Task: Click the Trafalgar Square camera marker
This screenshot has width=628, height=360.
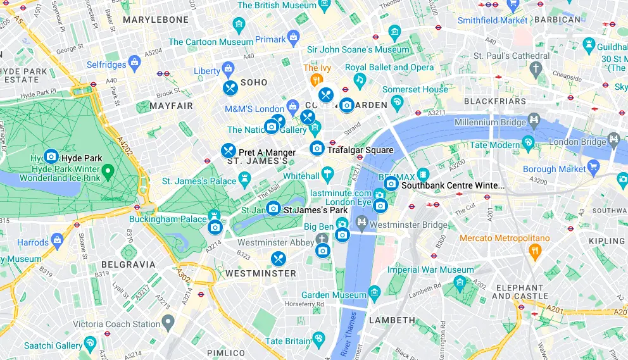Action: click(317, 148)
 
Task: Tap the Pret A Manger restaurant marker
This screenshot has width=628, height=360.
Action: click(228, 151)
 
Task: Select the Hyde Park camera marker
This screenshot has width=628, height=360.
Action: click(51, 156)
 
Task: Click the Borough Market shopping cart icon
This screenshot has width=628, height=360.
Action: click(593, 167)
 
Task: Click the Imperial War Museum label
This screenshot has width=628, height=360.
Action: click(430, 270)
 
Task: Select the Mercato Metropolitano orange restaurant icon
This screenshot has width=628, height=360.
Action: click(535, 251)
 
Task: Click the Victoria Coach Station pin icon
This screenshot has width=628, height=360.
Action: click(168, 324)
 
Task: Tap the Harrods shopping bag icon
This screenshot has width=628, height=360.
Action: click(58, 240)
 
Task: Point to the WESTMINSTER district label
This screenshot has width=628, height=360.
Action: click(261, 273)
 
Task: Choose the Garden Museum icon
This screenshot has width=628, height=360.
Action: click(374, 292)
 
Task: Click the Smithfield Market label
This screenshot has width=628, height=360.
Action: click(493, 20)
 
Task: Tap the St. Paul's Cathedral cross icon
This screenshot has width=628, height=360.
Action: click(536, 68)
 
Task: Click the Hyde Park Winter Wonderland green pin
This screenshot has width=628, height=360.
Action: click(108, 170)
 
